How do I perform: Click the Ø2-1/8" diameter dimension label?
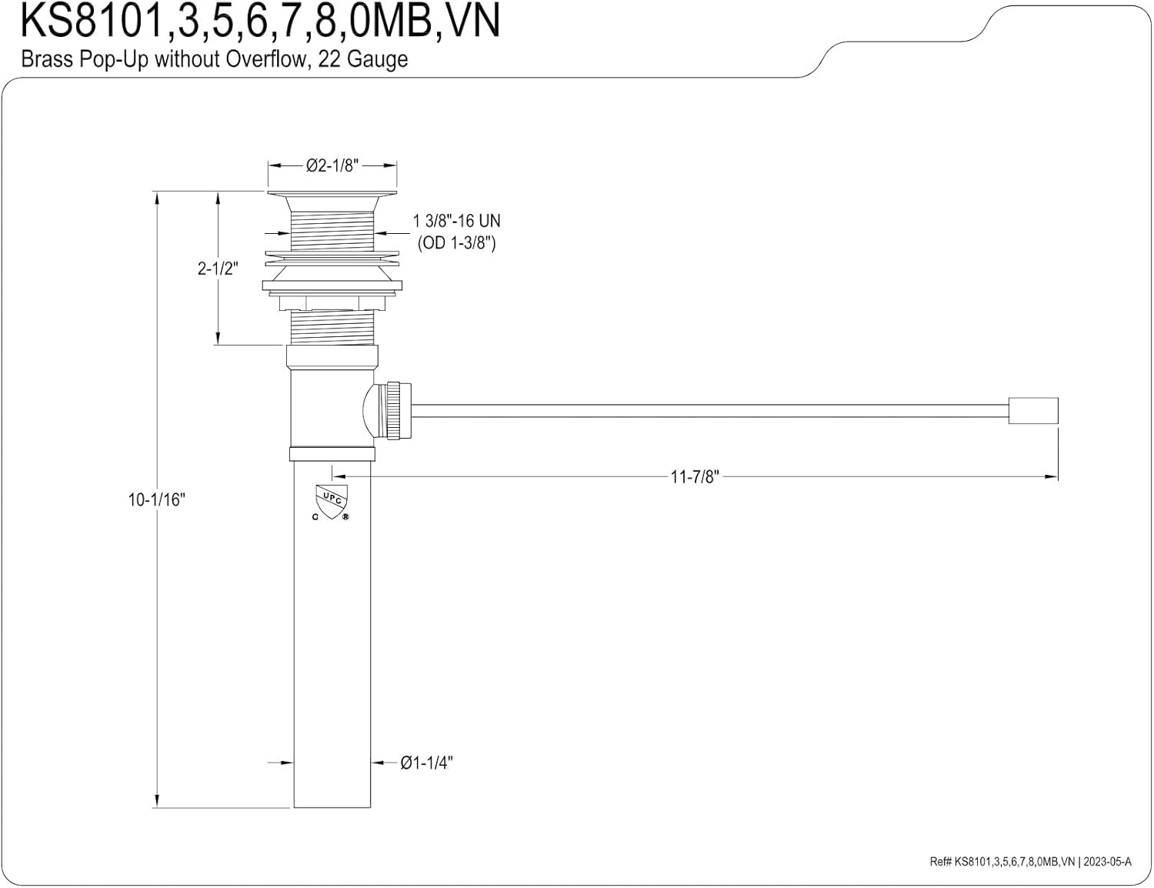(x=332, y=166)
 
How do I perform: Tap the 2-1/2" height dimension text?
(x=218, y=269)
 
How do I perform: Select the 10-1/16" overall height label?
(x=157, y=499)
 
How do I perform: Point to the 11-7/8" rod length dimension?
(x=695, y=477)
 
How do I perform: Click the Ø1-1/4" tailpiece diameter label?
(x=426, y=763)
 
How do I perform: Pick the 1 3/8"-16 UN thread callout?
(x=457, y=220)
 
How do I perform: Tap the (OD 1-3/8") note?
(x=457, y=243)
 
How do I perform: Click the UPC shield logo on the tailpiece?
(x=332, y=502)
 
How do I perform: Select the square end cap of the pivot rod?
(x=1033, y=411)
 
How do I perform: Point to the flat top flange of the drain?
(x=332, y=193)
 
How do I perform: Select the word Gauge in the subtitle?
(x=377, y=59)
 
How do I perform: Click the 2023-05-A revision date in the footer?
(x=1107, y=861)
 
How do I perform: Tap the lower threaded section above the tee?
(x=332, y=328)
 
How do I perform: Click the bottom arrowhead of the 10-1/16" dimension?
(x=157, y=801)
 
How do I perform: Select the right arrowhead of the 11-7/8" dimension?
(x=1051, y=477)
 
